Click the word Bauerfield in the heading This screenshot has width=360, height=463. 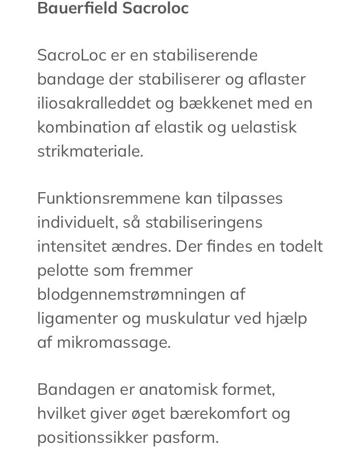click(x=77, y=8)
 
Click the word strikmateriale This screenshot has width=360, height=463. click(x=90, y=151)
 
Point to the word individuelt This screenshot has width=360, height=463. click(x=76, y=222)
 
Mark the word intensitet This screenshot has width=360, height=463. click(x=72, y=246)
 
